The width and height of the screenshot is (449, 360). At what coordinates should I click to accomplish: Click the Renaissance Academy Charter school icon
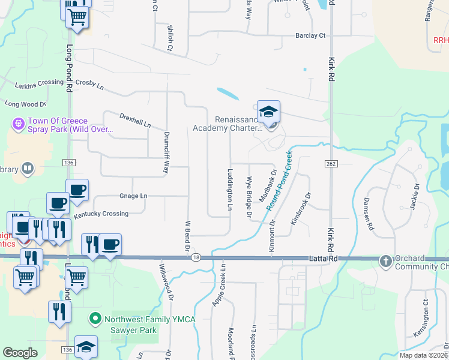[x=268, y=112]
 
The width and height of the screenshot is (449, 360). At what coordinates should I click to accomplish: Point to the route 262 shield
[x=331, y=164]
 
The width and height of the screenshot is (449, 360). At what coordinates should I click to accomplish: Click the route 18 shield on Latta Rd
[x=196, y=257]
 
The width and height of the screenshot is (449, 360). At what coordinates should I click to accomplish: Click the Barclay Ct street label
[x=310, y=36]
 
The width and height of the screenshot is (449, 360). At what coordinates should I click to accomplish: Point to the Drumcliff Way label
[x=166, y=152]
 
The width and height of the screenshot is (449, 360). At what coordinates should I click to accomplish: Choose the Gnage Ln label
[x=133, y=196]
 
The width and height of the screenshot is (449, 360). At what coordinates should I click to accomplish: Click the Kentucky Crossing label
[x=101, y=214]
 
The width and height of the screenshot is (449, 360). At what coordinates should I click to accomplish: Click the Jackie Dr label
[x=414, y=196]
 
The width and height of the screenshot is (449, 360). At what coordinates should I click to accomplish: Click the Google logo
[x=20, y=353]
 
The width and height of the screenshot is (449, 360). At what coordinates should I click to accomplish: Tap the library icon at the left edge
[x=27, y=169]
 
